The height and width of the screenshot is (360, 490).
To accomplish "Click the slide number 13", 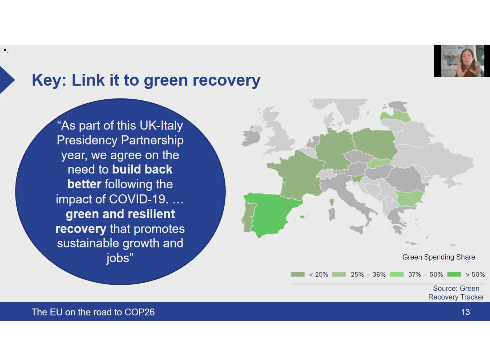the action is [465, 312].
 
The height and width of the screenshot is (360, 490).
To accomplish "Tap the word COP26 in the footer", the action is [140, 312].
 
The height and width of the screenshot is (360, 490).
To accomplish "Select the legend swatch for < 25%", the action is [297, 274].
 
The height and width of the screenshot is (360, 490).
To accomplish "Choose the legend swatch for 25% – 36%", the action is [339, 274].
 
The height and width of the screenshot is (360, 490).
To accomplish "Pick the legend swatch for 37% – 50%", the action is [397, 274].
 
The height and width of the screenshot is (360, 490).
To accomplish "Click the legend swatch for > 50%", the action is [454, 274].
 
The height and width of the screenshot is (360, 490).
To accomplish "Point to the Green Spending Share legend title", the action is [439, 257].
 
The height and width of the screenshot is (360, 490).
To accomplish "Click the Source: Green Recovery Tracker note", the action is [456, 293].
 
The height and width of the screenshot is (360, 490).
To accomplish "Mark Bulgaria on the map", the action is [409, 198].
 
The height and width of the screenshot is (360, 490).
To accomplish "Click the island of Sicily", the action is [357, 229].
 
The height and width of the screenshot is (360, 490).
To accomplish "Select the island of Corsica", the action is [332, 202].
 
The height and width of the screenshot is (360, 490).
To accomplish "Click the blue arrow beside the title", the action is [6, 80].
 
